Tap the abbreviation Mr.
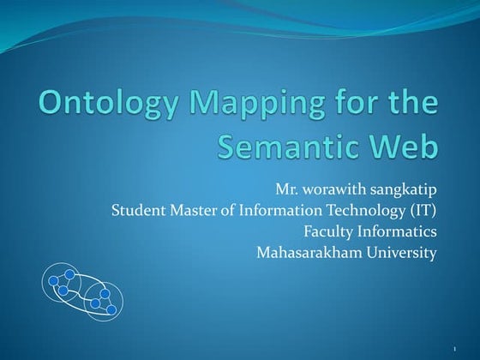click(x=287, y=188)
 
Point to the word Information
click(x=277, y=209)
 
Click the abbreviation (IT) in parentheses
click(x=423, y=210)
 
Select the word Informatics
click(x=398, y=231)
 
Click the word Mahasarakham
click(x=309, y=252)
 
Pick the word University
click(x=401, y=253)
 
